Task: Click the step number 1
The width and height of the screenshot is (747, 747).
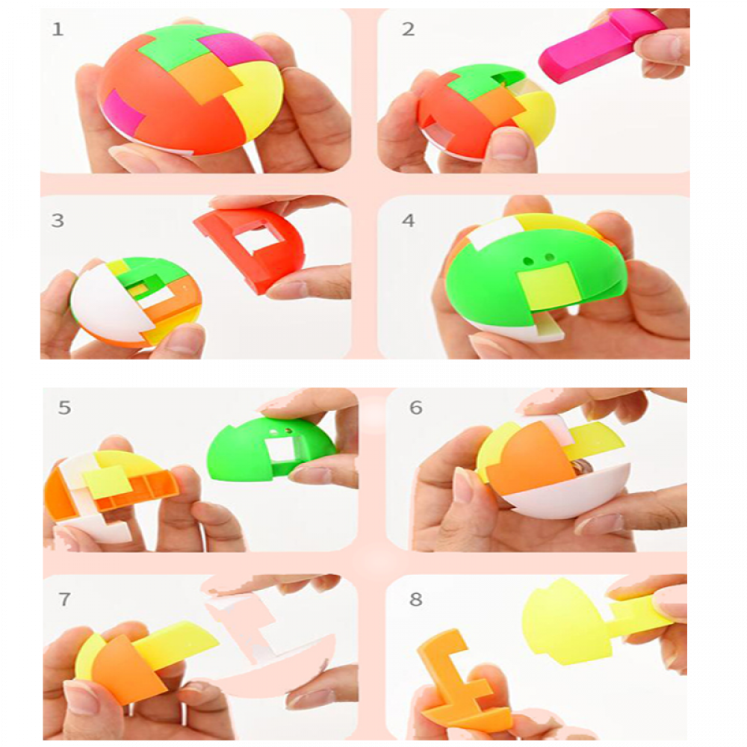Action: tap(58, 30)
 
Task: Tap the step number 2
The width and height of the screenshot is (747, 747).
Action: tap(409, 30)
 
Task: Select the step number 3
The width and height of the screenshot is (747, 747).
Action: tap(58, 220)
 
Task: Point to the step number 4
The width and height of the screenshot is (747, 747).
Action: tap(409, 220)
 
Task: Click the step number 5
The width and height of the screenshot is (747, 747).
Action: tap(64, 408)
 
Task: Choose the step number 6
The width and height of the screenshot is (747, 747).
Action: tap(416, 408)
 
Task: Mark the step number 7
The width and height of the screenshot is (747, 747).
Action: tap(64, 599)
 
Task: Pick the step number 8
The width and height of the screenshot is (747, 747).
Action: tap(416, 599)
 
